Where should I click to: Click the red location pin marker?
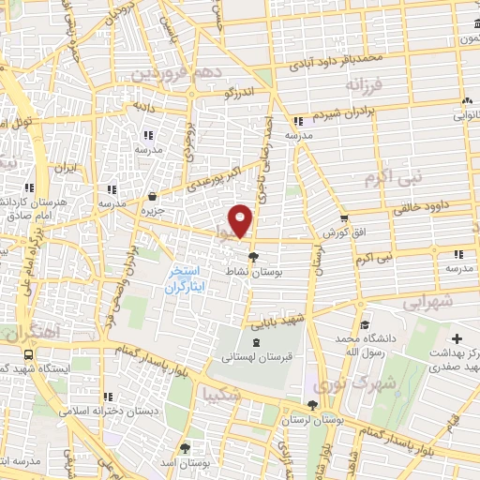coord(242,219)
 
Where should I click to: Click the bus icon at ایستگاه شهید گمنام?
coord(29,356)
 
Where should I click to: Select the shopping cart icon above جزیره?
coord(152,196)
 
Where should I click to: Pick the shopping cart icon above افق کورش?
coord(345,217)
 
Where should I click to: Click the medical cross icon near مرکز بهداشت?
coord(457,338)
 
